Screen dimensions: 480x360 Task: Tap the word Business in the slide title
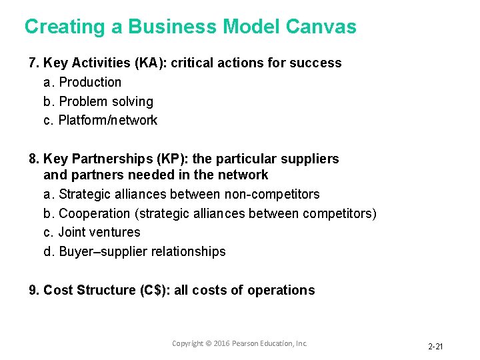click(x=172, y=27)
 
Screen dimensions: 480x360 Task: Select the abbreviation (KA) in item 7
click(x=151, y=63)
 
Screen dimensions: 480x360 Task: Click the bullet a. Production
click(x=83, y=82)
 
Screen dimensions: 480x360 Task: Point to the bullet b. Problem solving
click(x=98, y=101)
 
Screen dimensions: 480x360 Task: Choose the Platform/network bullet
click(x=101, y=121)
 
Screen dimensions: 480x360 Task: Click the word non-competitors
click(x=272, y=195)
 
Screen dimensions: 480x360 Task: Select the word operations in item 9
click(x=281, y=291)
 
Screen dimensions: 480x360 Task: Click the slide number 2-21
click(x=435, y=346)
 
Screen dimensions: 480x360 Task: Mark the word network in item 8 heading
click(x=245, y=175)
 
